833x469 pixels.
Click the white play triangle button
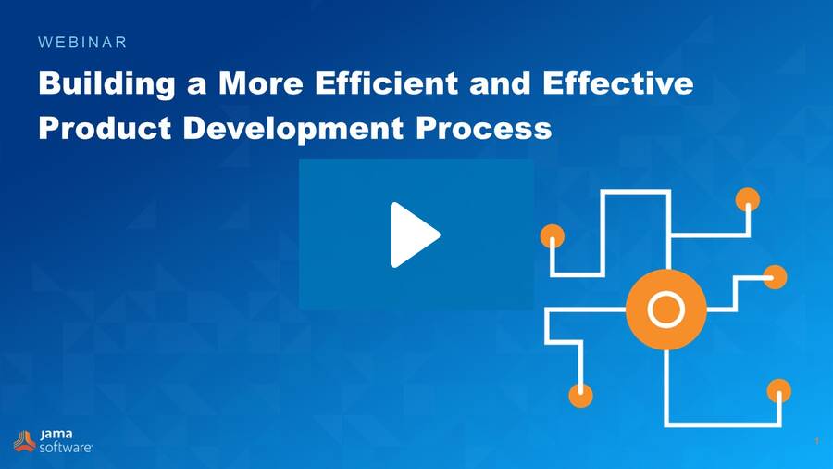click(x=413, y=234)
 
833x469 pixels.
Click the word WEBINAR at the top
click(x=82, y=42)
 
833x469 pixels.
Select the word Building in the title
click(x=106, y=84)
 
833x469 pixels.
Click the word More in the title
click(x=262, y=84)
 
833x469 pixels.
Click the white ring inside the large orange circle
click(x=665, y=309)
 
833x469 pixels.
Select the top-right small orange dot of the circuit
click(x=747, y=199)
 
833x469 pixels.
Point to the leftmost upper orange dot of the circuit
click(x=553, y=235)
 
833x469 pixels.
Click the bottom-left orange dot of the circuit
click(x=580, y=396)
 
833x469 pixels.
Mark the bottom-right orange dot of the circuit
click(x=779, y=390)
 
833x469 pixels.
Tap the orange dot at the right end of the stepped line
click(x=775, y=276)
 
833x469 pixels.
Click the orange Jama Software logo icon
click(x=24, y=440)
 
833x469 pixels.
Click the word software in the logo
click(x=65, y=447)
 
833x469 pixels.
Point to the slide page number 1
click(x=817, y=441)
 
